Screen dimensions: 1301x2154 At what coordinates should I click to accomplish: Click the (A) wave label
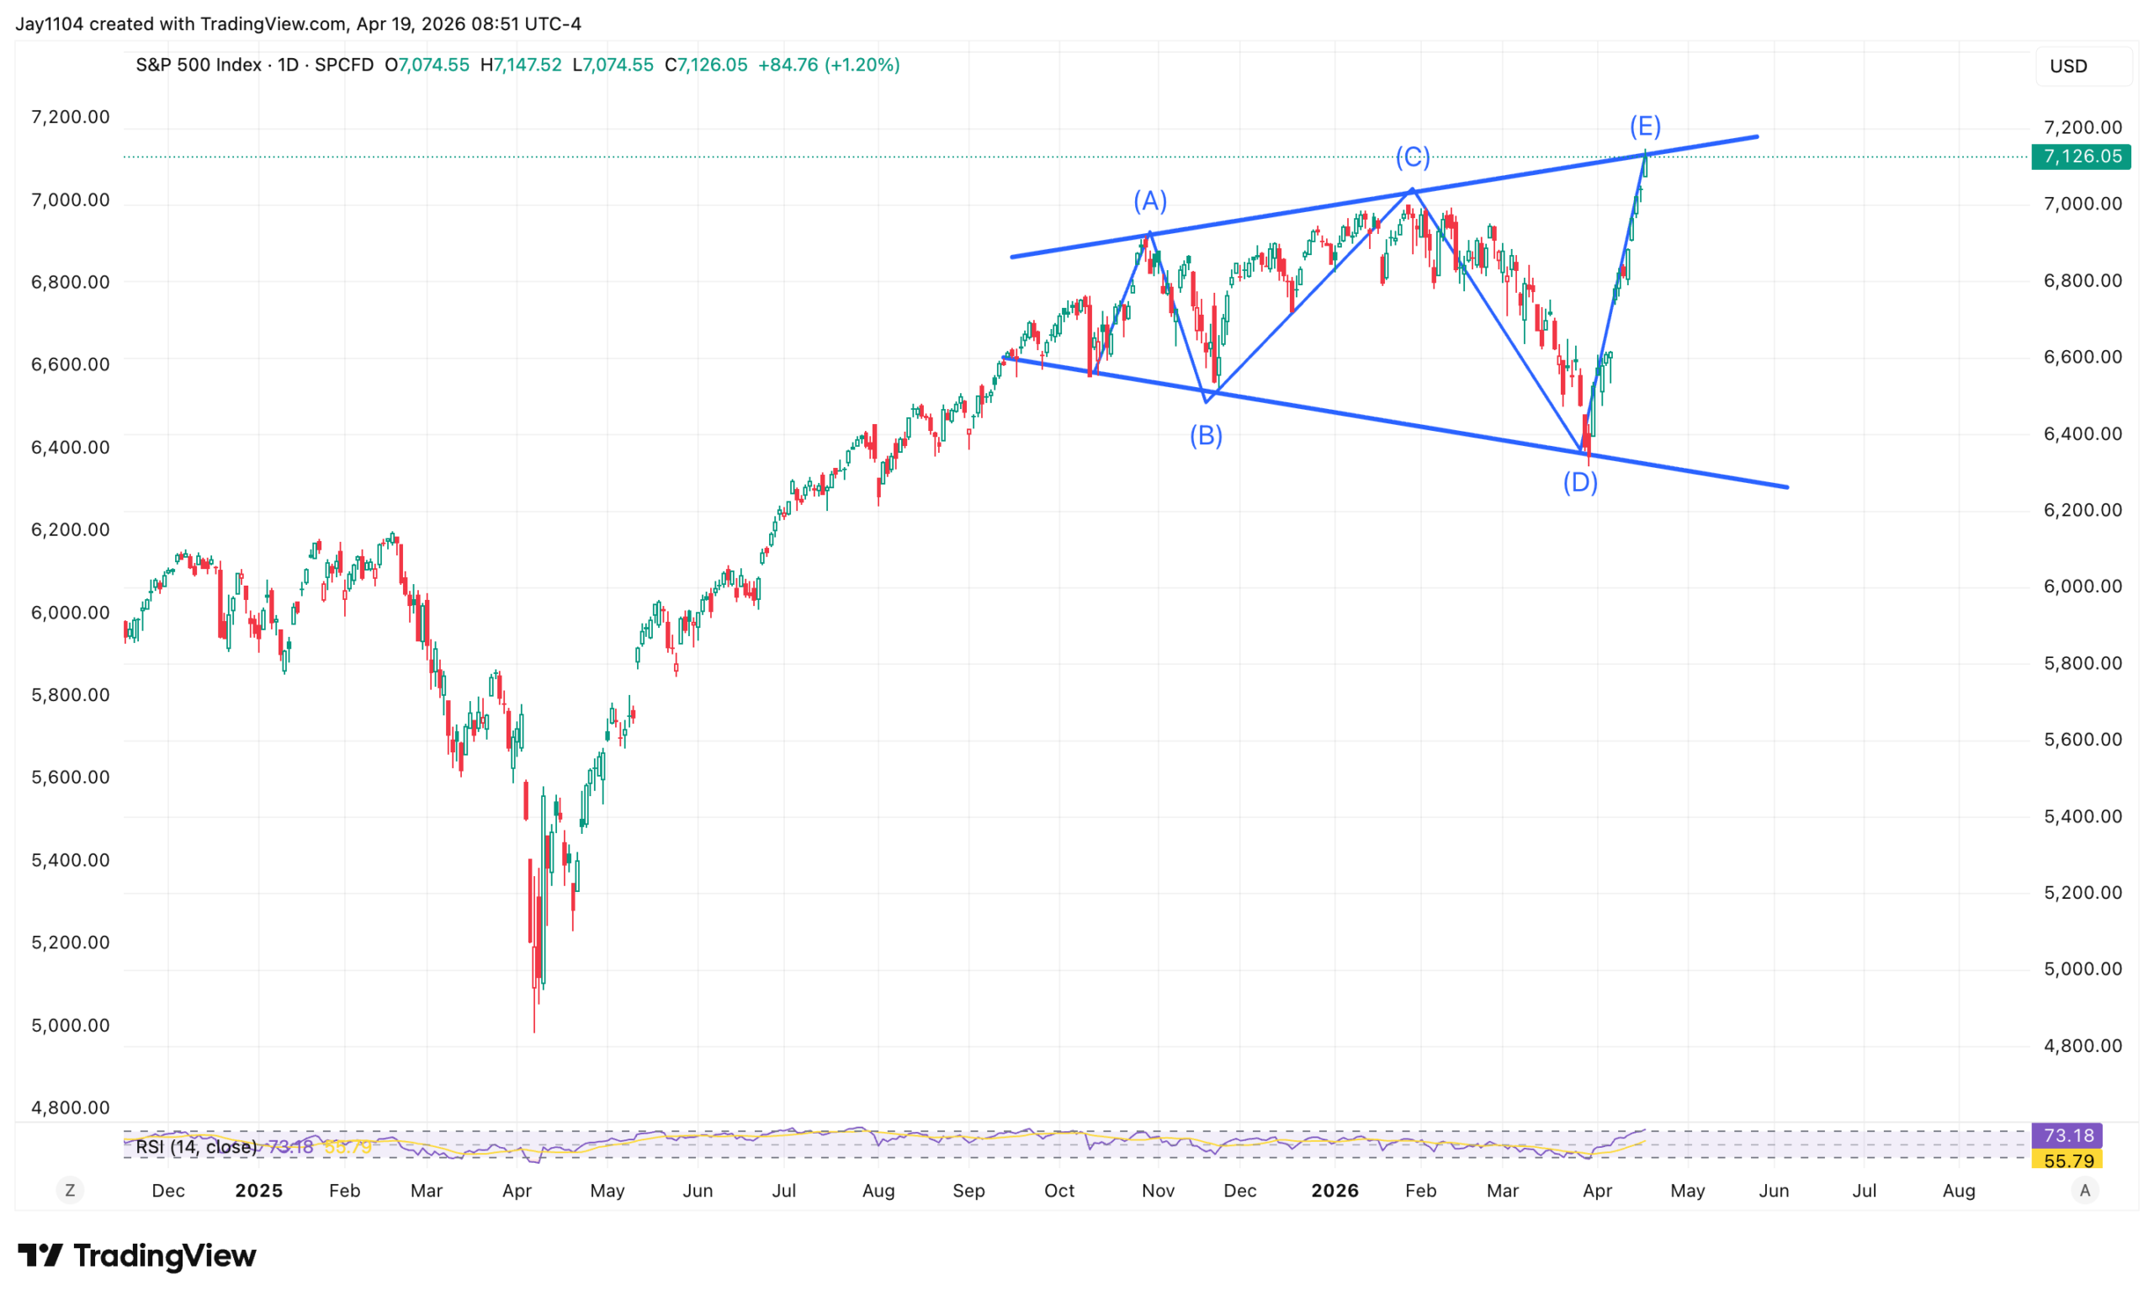pos(1149,201)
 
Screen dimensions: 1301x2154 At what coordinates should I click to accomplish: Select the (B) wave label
pos(1206,434)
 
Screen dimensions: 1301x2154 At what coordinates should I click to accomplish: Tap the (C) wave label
pos(1412,157)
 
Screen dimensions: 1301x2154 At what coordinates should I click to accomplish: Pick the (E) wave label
pos(1644,127)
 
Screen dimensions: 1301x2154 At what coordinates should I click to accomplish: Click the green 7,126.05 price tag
pos(2081,157)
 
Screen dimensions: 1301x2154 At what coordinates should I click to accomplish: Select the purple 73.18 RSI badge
pos(2067,1135)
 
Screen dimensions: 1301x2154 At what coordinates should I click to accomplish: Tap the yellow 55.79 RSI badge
pos(2067,1160)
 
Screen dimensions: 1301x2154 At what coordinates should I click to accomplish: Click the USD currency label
pos(2068,66)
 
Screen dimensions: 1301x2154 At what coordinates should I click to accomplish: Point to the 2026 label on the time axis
pos(1334,1190)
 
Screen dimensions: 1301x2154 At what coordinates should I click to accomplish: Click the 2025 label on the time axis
pos(259,1190)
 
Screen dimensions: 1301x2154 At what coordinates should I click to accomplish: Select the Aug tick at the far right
pos(1958,1190)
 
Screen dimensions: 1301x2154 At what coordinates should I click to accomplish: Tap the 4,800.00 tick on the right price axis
pos(2082,1045)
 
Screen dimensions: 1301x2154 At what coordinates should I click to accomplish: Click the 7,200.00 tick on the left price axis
pos(71,117)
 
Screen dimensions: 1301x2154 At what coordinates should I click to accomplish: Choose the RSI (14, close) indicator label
pos(197,1146)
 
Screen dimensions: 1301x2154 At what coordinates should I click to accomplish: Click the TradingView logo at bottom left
pos(137,1256)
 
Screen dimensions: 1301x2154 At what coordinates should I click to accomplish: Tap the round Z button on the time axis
pos(70,1190)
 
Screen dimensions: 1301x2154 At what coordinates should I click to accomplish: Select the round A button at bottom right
pos(2085,1190)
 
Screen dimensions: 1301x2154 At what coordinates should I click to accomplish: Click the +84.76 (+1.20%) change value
pos(828,65)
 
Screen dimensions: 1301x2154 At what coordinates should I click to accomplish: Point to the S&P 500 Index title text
pos(199,65)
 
